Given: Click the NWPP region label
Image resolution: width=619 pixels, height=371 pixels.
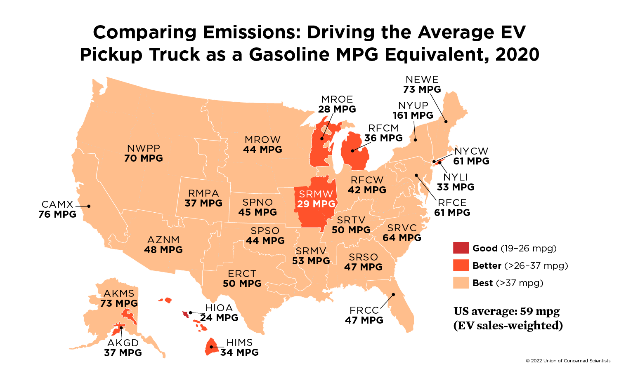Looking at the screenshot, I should [x=144, y=148].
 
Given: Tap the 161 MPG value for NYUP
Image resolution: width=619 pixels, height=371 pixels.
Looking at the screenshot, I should [x=413, y=115].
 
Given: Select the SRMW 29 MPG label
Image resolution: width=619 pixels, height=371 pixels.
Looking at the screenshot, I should [x=316, y=199].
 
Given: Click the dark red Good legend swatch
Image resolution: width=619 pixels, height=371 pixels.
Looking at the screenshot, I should [x=461, y=248].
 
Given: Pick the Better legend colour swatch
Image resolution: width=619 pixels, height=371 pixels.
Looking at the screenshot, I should [x=461, y=265].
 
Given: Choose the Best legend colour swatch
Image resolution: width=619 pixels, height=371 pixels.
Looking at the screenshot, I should [x=461, y=283].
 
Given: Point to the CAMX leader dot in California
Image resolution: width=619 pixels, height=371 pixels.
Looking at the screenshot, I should [x=89, y=206].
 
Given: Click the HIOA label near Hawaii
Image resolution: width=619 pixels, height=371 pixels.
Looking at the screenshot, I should [x=219, y=308].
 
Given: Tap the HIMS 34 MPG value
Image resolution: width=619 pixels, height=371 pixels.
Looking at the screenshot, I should [x=239, y=352].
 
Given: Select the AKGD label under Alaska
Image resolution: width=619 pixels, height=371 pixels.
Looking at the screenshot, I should [x=123, y=343].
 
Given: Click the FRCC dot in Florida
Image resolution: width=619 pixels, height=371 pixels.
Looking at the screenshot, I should [x=393, y=294].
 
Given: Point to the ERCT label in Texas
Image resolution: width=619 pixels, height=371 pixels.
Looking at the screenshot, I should [x=242, y=274].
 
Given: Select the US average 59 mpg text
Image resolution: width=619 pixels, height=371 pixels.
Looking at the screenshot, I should [x=507, y=311].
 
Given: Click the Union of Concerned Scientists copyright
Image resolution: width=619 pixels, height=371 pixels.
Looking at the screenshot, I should [x=568, y=361].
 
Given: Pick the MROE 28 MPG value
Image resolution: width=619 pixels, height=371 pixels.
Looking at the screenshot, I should [x=337, y=109].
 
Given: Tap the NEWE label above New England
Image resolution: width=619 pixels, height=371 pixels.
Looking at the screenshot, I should [x=422, y=80].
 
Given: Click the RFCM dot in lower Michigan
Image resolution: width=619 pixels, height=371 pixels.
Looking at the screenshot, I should [x=352, y=150].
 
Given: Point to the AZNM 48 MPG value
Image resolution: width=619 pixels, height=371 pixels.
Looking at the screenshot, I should [x=163, y=250].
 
